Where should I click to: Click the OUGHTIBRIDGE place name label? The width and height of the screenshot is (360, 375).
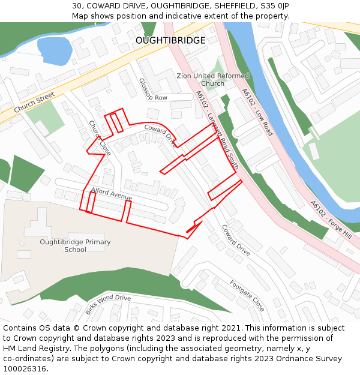coord(170,40)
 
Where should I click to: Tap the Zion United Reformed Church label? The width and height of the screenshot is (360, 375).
coord(212,80)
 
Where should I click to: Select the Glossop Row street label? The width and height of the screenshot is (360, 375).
coord(153,90)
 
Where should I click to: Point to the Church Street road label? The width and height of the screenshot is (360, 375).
coord(34,103)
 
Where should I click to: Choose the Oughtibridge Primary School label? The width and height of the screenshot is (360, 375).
coord(75,246)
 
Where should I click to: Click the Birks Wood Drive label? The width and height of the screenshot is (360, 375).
coord(107,305)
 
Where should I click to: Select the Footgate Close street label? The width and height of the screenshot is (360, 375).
coord(247,295)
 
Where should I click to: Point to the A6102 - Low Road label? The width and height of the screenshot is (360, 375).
coord(257,112)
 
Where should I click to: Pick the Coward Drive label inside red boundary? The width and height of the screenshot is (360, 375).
coord(160,136)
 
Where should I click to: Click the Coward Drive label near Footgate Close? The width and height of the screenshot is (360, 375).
coord(235,240)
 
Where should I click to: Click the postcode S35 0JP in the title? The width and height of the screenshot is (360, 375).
coord(275,5)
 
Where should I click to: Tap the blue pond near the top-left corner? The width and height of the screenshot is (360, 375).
coord(54,50)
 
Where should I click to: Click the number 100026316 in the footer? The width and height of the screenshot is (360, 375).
coord(25,368)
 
